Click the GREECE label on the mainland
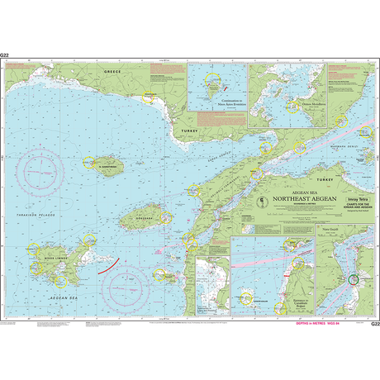pyautogui.click(x=112, y=72)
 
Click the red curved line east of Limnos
pyautogui.click(x=106, y=264)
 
